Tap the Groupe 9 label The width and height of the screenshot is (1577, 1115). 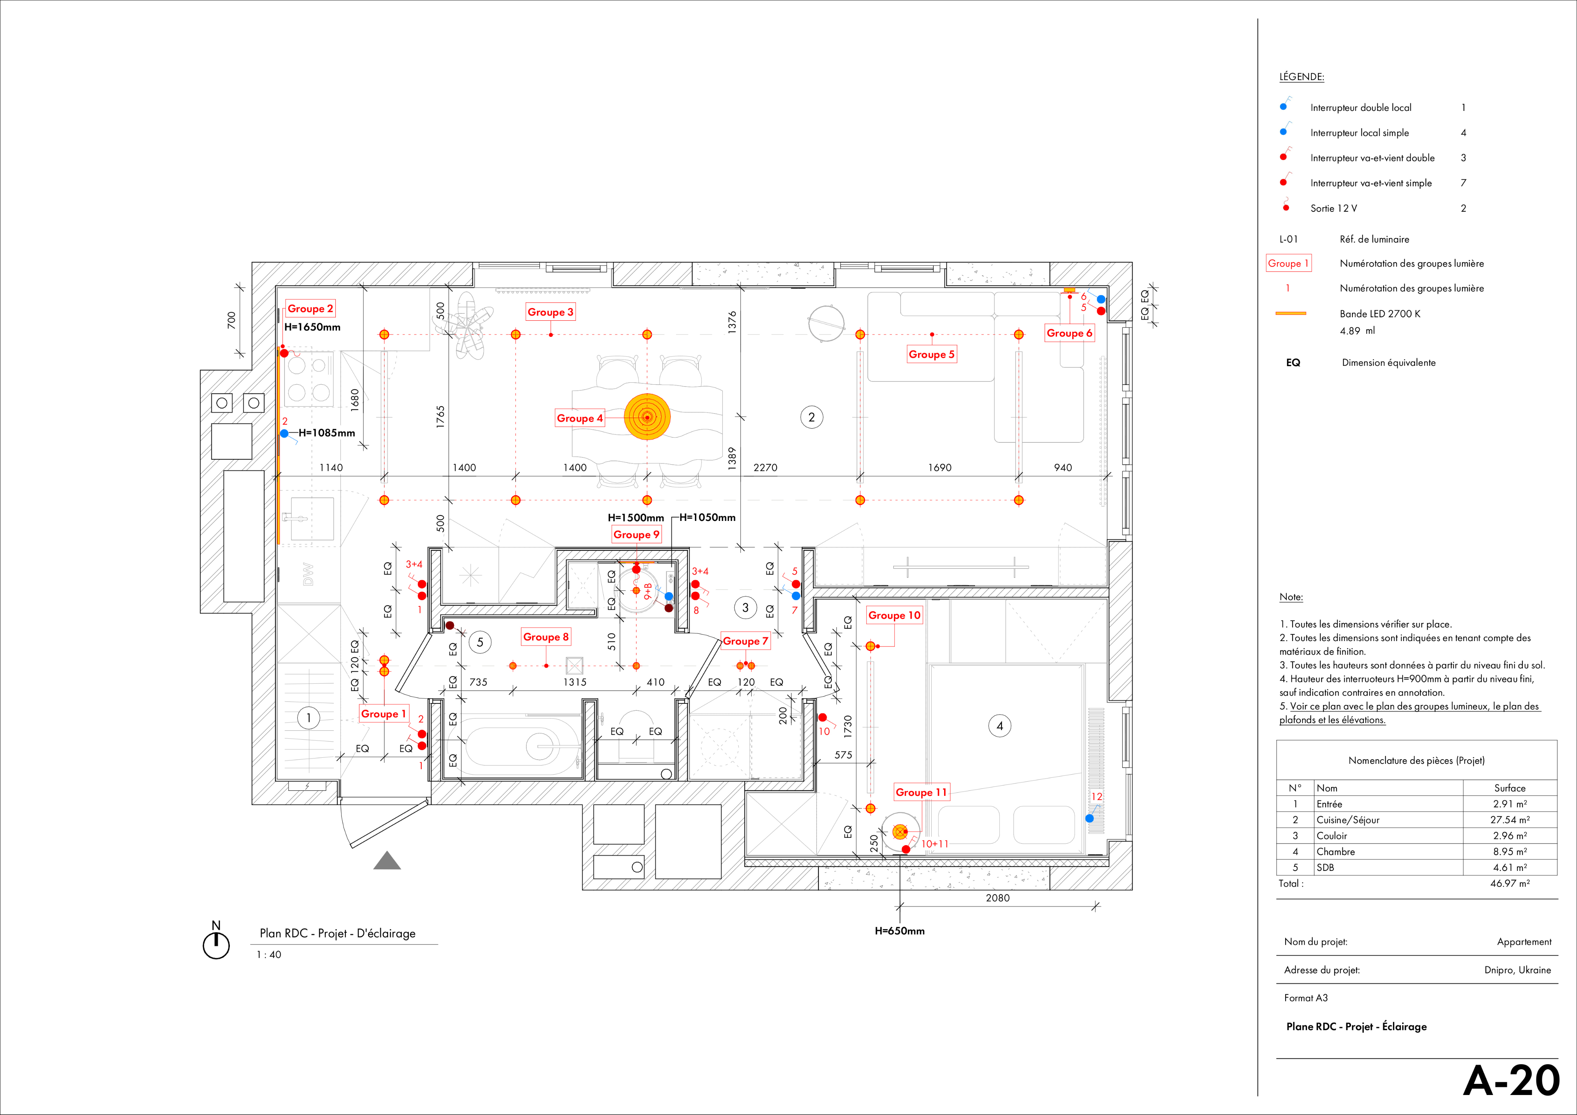pyautogui.click(x=636, y=534)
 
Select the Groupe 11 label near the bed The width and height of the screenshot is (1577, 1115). pyautogui.click(x=921, y=792)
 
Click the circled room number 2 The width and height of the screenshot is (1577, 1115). pyautogui.click(x=811, y=417)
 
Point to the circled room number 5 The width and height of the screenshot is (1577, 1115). pyautogui.click(x=480, y=642)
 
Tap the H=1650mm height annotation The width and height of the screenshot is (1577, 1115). pyautogui.click(x=313, y=327)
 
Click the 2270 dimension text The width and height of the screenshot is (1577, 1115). pyautogui.click(x=765, y=468)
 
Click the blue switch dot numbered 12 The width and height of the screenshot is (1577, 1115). pyautogui.click(x=1089, y=818)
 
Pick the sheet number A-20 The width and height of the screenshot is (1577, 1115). pyautogui.click(x=1511, y=1081)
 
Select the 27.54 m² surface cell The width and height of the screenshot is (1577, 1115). pyautogui.click(x=1509, y=820)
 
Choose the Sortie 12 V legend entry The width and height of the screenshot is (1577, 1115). pyautogui.click(x=1333, y=208)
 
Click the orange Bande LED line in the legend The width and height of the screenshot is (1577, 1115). pyautogui.click(x=1291, y=313)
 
